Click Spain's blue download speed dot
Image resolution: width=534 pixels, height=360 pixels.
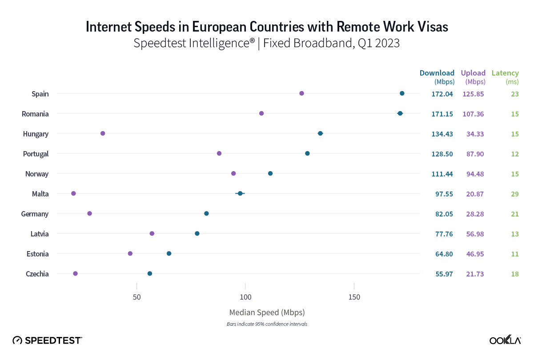click(x=402, y=93)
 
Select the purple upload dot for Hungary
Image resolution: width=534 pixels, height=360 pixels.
click(x=103, y=133)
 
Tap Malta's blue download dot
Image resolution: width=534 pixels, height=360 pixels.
click(x=240, y=193)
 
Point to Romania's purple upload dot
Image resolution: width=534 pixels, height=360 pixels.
click(x=261, y=113)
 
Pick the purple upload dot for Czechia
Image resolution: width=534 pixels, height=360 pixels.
click(x=75, y=273)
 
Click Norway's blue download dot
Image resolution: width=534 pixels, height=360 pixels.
click(x=270, y=173)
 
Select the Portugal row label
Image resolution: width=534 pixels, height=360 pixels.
click(x=36, y=154)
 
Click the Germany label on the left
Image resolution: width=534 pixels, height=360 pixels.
click(x=35, y=214)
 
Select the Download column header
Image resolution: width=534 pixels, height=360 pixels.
click(x=437, y=73)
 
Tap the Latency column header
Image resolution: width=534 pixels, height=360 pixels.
click(x=505, y=73)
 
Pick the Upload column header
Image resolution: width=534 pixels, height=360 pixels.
click(x=473, y=73)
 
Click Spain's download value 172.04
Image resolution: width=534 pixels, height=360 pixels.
click(x=442, y=94)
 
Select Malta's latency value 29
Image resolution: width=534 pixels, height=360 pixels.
click(x=515, y=194)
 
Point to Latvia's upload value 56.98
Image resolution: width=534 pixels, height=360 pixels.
click(x=473, y=234)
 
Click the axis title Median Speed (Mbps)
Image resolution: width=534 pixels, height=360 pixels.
click(x=267, y=312)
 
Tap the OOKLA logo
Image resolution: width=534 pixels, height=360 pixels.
click(x=505, y=340)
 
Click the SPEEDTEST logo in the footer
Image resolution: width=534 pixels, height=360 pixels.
click(x=47, y=340)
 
